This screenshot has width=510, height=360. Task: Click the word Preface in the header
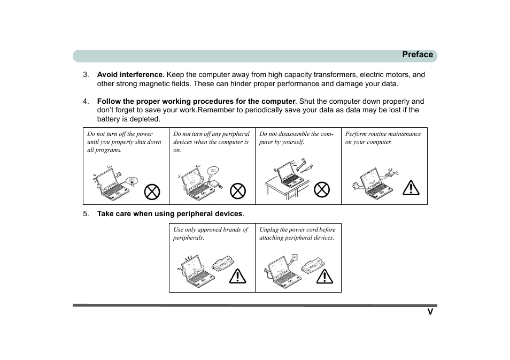coord(417,55)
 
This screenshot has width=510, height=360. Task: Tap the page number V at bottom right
coord(430,312)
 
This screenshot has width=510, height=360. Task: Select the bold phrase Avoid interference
coord(130,75)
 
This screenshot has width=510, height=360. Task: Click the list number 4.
coord(86,101)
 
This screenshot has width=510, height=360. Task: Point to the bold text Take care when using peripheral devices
coord(169,214)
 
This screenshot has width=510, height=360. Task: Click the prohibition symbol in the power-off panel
coord(152,191)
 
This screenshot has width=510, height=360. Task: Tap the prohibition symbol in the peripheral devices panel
coord(237,191)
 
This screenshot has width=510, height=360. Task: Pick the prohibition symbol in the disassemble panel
coord(322,189)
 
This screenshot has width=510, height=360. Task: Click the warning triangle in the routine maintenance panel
coord(411,188)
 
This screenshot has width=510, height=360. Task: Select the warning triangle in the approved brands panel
coord(237,276)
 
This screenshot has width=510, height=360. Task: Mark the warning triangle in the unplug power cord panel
coord(324,276)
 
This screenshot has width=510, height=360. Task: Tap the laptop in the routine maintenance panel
coord(376,184)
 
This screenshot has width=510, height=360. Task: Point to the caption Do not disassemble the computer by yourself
coord(296,138)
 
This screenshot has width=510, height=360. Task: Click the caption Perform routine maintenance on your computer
coord(383,138)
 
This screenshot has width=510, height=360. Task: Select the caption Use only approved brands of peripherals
coord(211,233)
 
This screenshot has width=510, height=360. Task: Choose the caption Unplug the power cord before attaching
coord(297,233)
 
